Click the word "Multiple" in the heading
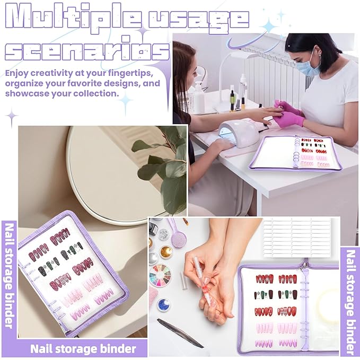point(73,18)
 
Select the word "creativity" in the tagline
point(51,73)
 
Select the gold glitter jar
point(166,252)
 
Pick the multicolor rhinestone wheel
point(161,276)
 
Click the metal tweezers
point(180,332)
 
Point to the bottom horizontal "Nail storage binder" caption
point(83,349)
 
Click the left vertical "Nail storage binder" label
point(9,275)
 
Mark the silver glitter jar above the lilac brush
point(163,234)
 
